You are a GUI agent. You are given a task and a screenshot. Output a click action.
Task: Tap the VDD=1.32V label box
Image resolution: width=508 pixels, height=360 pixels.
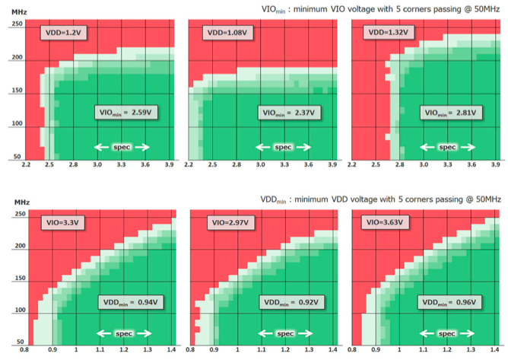pos(386,33)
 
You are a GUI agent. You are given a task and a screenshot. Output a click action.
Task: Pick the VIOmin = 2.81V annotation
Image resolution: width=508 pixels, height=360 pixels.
pos(450,112)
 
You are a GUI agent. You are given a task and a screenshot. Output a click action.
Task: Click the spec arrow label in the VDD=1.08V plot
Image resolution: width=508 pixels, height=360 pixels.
pos(283,147)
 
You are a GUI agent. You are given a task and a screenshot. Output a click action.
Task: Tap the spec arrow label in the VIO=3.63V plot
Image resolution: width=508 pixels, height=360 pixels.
pos(446,333)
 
